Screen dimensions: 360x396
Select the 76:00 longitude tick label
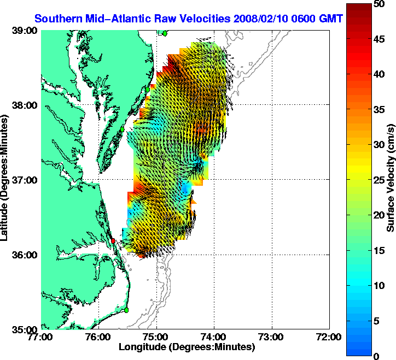pos(99,337)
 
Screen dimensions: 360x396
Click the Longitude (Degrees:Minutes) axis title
pos(187,347)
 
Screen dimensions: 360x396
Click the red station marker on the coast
pos(113,241)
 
